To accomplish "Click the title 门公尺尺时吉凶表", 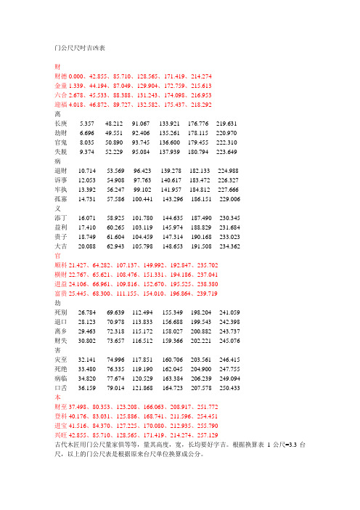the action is pyautogui.click(x=80, y=49).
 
